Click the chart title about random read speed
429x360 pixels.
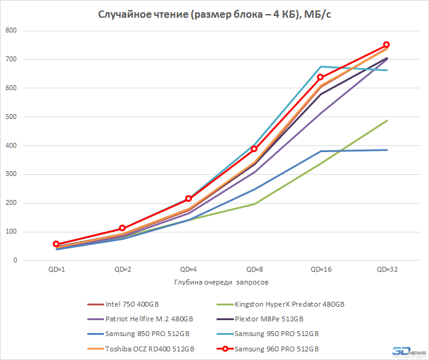(x=215, y=15)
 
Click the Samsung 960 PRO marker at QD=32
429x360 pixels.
(x=387, y=45)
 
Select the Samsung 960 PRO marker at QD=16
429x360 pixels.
(x=321, y=77)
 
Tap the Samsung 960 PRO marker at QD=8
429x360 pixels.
(x=254, y=149)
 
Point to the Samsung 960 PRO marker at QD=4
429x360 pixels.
(x=189, y=199)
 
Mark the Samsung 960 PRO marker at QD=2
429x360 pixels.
(x=123, y=228)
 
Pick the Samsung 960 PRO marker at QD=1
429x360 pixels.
(x=56, y=244)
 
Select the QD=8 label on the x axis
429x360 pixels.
(x=254, y=269)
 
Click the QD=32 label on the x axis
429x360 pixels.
(x=387, y=269)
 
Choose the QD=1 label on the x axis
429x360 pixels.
(x=56, y=269)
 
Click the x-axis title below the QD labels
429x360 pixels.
(x=221, y=283)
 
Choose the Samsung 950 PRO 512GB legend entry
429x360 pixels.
(x=279, y=334)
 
